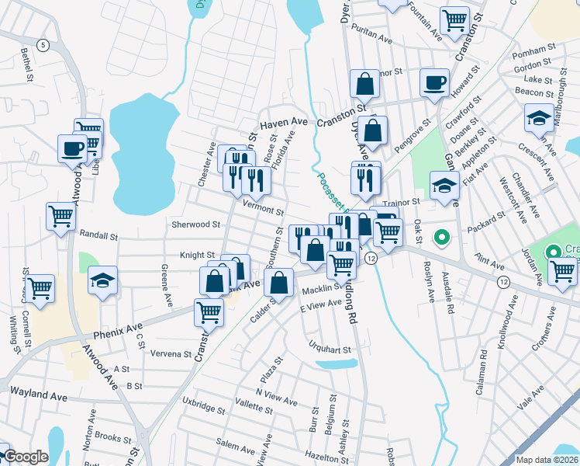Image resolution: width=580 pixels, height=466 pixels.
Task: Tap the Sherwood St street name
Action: click(x=196, y=224)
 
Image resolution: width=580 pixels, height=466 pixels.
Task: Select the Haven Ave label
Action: click(x=284, y=123)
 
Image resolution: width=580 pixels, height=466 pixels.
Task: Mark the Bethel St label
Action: click(x=27, y=65)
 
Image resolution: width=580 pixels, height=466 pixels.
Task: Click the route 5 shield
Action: click(x=43, y=45)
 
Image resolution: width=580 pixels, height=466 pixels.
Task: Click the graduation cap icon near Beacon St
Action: click(x=539, y=117)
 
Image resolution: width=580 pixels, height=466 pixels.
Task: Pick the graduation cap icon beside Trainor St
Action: click(x=444, y=186)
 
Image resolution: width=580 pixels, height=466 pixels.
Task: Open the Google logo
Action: click(x=26, y=457)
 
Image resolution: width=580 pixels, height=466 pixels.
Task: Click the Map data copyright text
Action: click(x=547, y=459)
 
